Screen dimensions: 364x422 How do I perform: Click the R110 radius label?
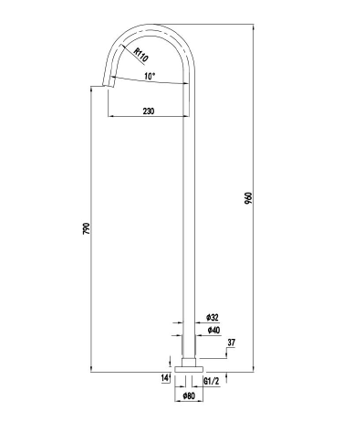(141, 55)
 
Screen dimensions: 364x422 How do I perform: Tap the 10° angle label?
(150, 76)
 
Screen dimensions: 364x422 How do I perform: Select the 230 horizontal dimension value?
(149, 111)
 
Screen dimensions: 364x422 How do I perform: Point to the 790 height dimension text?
(87, 228)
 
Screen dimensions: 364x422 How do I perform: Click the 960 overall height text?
(248, 198)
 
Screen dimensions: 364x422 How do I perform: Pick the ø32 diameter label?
(213, 318)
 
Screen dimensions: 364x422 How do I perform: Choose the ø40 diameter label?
(213, 331)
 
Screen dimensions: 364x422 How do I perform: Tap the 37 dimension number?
(231, 343)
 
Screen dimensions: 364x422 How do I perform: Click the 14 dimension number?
(165, 378)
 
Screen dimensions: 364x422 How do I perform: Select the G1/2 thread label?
(212, 381)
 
